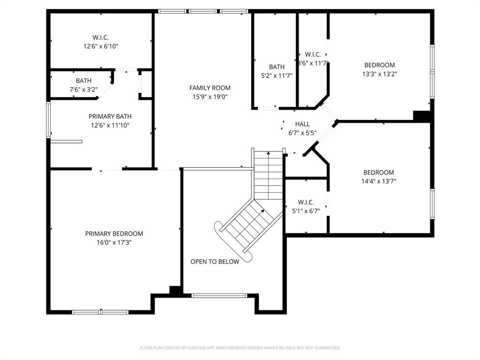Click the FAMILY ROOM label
210,88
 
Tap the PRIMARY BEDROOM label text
114,233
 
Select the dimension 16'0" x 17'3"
114,243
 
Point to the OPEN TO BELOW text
215,262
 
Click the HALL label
302,124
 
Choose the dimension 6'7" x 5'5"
302,133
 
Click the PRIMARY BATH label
110,116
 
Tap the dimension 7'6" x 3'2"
83,89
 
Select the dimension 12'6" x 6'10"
101,46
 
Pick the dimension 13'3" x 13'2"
380,74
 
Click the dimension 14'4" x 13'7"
379,181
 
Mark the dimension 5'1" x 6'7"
306,211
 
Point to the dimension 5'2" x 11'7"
277,75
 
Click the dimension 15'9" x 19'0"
210,97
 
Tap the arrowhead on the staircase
262,211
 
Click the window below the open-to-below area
219,295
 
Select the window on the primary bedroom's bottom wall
100,312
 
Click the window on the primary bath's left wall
48,120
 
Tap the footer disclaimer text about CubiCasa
240,348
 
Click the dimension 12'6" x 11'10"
110,125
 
